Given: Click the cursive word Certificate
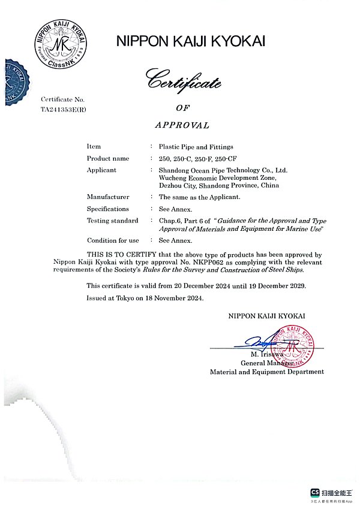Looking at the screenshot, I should (x=185, y=81).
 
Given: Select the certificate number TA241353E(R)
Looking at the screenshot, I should (x=64, y=110).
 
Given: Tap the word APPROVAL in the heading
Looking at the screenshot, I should (x=182, y=125).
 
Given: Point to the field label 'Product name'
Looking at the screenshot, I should (x=108, y=158).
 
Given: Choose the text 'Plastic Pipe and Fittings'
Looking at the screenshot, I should (x=196, y=146).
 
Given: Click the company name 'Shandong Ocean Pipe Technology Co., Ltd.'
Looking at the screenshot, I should (x=223, y=170).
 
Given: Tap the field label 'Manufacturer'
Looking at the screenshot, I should (x=108, y=197).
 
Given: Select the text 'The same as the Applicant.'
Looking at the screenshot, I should (x=199, y=197).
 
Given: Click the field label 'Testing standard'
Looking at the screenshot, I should (x=112, y=221).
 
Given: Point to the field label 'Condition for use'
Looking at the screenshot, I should (x=113, y=240).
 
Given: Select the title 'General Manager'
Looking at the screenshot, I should (x=267, y=363).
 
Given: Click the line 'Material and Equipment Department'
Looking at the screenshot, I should (x=266, y=372).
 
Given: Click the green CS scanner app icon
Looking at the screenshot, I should (x=314, y=492).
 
